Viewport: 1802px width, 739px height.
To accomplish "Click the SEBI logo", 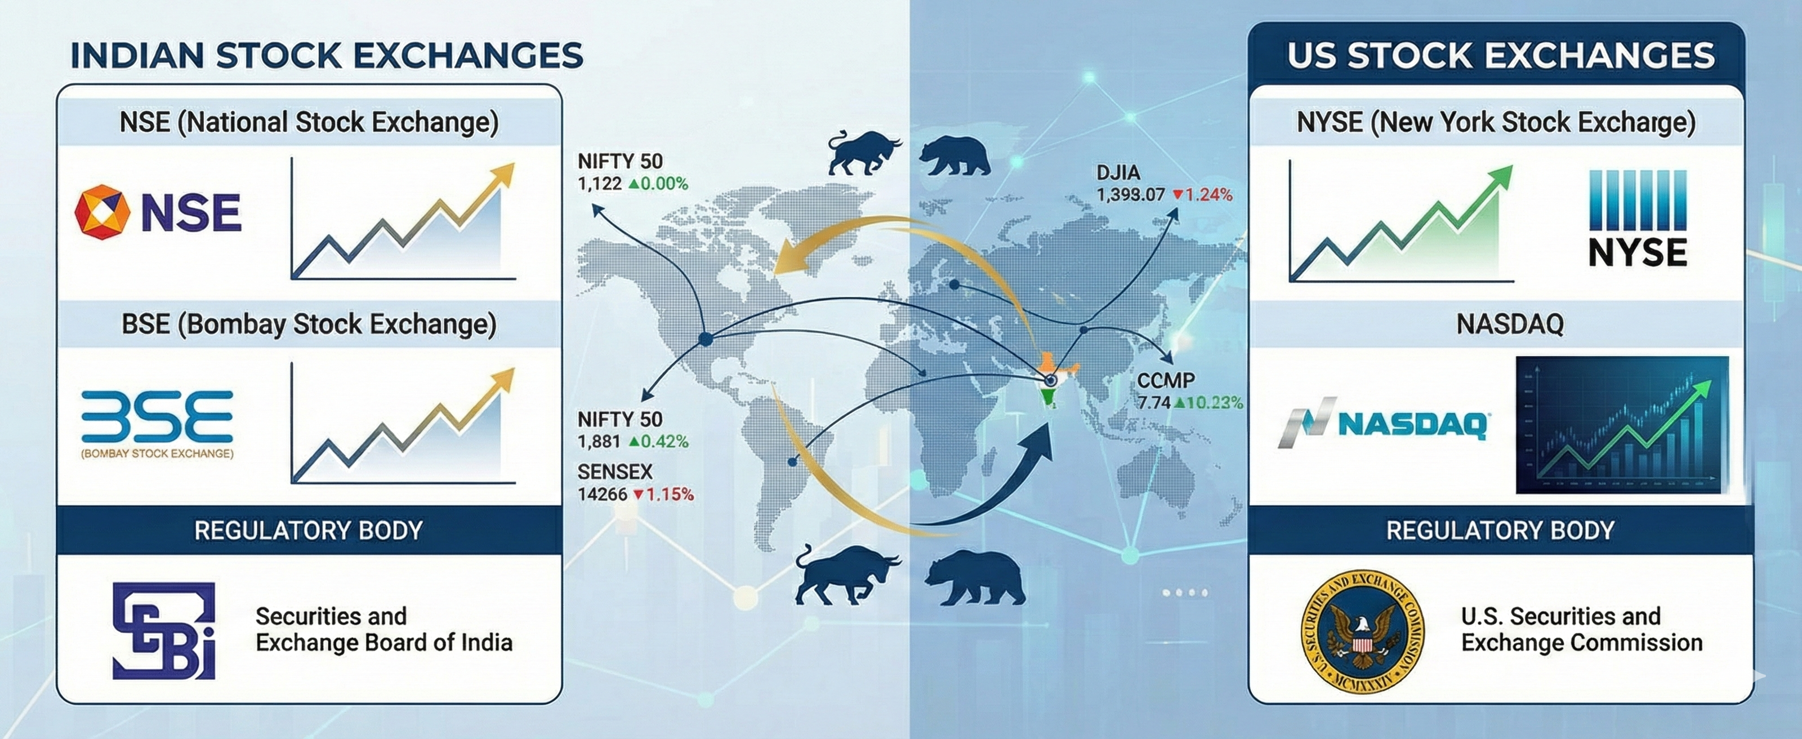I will coord(164,630).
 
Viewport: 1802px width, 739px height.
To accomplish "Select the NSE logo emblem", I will coord(102,212).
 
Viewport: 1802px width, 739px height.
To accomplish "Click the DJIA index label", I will coord(1118,172).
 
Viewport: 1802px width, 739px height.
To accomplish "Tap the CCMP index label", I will coord(1166,381).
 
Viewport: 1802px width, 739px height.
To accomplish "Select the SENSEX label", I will coord(615,471).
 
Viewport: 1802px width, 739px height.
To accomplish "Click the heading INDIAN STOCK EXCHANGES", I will coord(327,56).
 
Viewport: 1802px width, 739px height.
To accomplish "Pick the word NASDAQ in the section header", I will coord(1510,324).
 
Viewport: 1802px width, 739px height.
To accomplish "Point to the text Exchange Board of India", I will coord(383,643).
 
